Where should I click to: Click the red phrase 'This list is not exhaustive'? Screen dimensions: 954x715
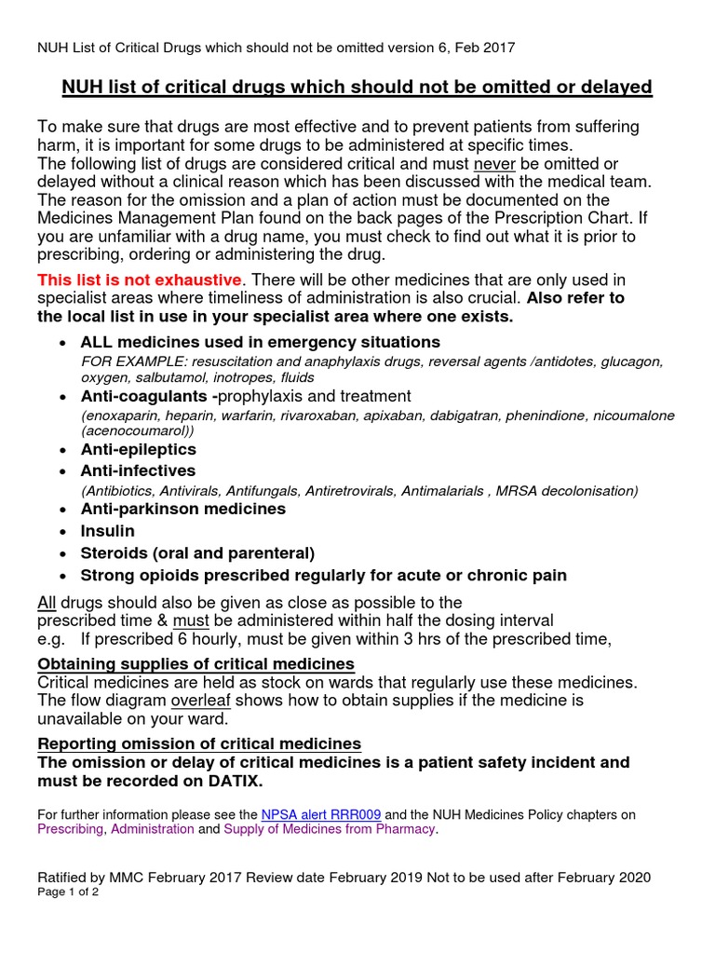coord(140,279)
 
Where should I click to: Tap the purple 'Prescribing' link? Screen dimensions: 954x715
coord(71,828)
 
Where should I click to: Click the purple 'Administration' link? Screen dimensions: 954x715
coord(153,828)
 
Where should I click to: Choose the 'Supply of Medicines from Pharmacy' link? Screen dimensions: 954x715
coord(329,828)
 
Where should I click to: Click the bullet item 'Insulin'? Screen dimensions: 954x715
coord(107,531)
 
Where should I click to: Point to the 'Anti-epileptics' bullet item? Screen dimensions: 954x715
coord(139,449)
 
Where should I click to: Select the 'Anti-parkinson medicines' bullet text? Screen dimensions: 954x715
coord(182,509)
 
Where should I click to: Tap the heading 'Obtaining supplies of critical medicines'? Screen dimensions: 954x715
coord(196,663)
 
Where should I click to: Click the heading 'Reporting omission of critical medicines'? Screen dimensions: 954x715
coord(199,743)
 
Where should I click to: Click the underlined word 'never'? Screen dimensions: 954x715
coord(492,163)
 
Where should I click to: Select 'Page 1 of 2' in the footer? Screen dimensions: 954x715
coord(68,892)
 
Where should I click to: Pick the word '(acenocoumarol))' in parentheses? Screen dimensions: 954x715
coord(139,431)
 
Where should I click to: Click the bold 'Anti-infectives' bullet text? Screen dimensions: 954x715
coord(138,470)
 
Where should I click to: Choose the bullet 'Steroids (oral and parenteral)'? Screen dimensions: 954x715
coord(197,552)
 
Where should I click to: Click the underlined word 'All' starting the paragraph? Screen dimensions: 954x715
coord(47,602)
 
